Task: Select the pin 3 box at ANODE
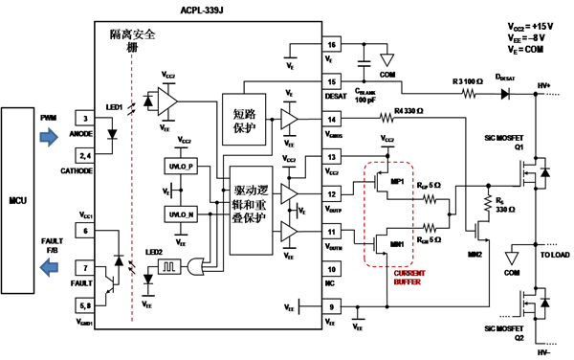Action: [x=86, y=119]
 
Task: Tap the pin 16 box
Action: [x=332, y=45]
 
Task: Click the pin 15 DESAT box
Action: [x=332, y=83]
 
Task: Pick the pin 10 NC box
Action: [x=332, y=271]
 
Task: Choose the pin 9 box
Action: [x=332, y=307]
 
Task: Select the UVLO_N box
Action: [x=178, y=213]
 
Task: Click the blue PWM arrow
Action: [x=47, y=134]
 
